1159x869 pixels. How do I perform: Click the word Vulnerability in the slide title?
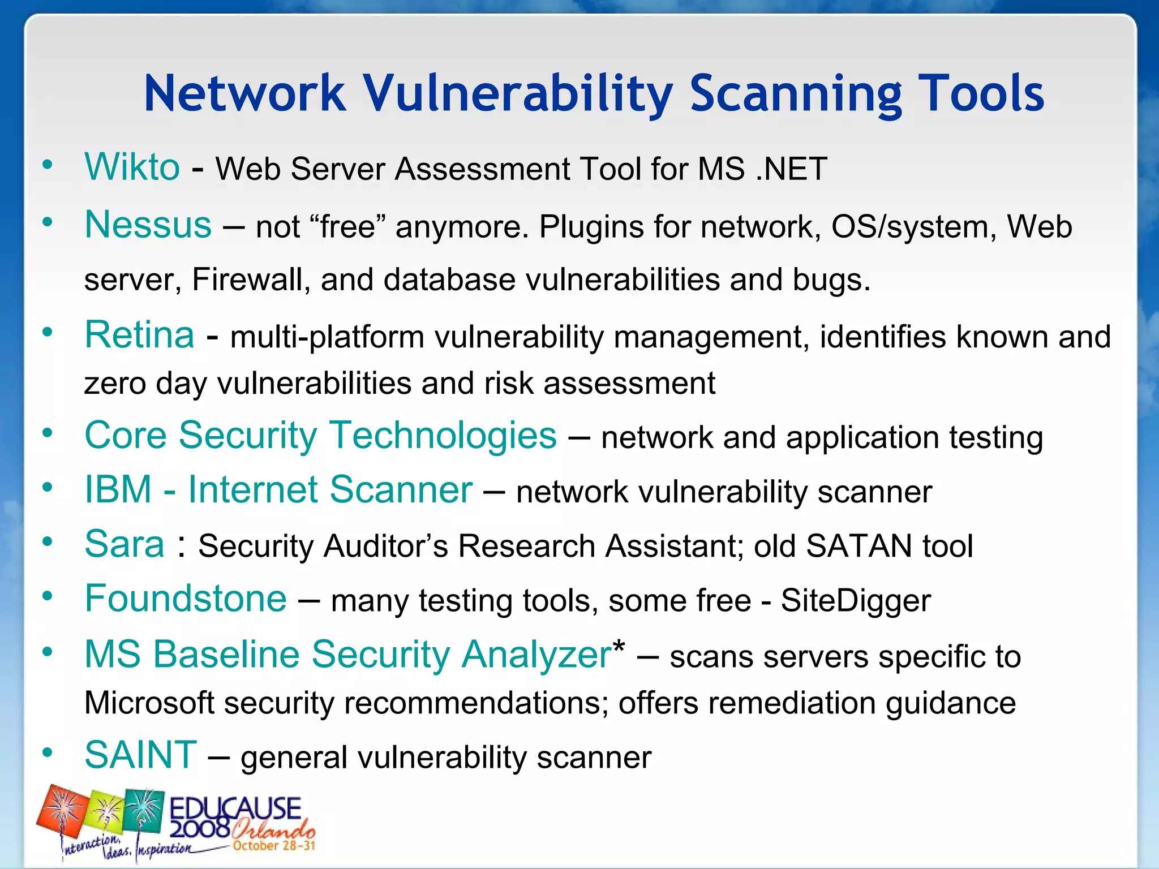click(x=517, y=94)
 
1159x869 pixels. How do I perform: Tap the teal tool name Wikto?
click(x=132, y=167)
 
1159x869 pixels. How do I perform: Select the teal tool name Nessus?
click(x=148, y=225)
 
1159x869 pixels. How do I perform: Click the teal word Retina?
click(x=139, y=334)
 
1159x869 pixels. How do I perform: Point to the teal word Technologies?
click(x=443, y=436)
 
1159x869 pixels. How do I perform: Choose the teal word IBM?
click(x=118, y=489)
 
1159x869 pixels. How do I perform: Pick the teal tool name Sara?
click(x=125, y=544)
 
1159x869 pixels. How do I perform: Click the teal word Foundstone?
click(x=186, y=599)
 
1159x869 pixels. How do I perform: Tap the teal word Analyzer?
click(x=536, y=655)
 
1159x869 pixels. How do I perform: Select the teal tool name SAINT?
click(x=140, y=755)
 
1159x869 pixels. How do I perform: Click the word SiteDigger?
click(x=855, y=601)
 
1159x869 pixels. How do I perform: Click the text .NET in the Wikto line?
click(x=792, y=169)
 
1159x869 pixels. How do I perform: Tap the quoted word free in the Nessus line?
click(x=347, y=227)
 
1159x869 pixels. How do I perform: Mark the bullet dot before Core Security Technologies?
click(x=48, y=433)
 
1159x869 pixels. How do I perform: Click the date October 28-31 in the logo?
click(x=273, y=846)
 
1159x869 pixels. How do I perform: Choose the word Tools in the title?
click(x=980, y=94)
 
